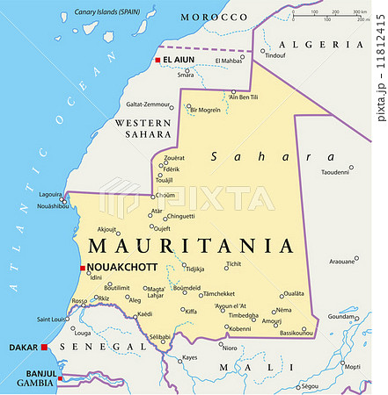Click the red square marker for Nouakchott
click(82, 268)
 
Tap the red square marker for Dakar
click(43, 348)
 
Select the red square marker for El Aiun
click(157, 60)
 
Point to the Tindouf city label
click(275, 55)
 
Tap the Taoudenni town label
click(335, 172)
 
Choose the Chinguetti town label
click(180, 216)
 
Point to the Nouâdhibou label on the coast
click(53, 205)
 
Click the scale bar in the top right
click(331, 15)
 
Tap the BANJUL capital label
click(33, 372)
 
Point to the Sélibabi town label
click(159, 336)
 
